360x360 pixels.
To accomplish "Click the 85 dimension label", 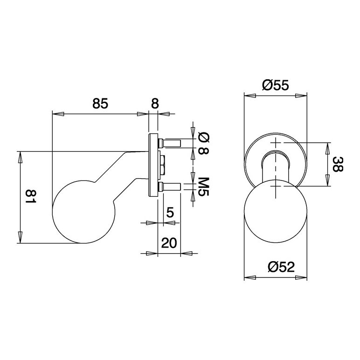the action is [100, 104].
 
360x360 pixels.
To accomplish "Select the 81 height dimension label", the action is [30, 197].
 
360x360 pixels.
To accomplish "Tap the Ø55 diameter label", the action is [275, 85].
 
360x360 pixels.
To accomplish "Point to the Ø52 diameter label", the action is [281, 267].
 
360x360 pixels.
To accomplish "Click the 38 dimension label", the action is [338, 164].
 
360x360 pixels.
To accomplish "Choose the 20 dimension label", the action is [169, 242].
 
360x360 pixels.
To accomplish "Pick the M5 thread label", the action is [203, 187].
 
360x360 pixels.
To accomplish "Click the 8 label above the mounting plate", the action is [155, 104].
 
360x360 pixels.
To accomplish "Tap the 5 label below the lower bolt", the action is [170, 213].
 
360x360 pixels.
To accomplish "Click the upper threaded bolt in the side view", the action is [169, 143].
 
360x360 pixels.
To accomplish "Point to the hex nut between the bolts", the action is [163, 165].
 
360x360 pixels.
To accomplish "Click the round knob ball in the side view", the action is [83, 212].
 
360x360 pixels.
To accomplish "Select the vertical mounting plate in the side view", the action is [153, 165].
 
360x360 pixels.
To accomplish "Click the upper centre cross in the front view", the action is [275, 143].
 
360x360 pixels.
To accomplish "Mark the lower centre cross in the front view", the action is [275, 186].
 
